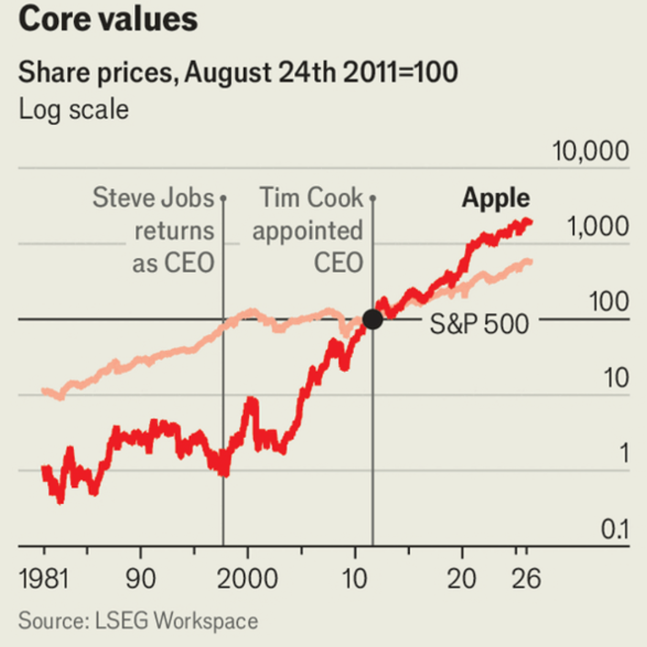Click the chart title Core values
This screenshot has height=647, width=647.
108,20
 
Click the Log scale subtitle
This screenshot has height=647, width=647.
74,110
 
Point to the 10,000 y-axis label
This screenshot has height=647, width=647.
591,151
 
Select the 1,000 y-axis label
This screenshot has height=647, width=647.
598,226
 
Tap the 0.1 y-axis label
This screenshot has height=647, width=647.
615,529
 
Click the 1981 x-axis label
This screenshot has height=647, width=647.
44,578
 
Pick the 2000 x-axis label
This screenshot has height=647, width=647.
247,578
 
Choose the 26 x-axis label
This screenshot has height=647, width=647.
526,578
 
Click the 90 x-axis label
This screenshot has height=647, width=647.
141,578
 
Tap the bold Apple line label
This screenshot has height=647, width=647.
496,199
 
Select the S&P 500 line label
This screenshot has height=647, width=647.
479,323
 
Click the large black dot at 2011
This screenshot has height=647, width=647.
373,319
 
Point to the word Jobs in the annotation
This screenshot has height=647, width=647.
187,197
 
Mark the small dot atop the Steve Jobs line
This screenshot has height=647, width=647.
223,199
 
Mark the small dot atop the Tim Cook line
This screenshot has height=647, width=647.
373,199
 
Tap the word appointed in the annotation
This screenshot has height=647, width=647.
308,230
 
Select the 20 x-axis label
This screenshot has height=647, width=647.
462,578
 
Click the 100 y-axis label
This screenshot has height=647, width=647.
609,301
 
